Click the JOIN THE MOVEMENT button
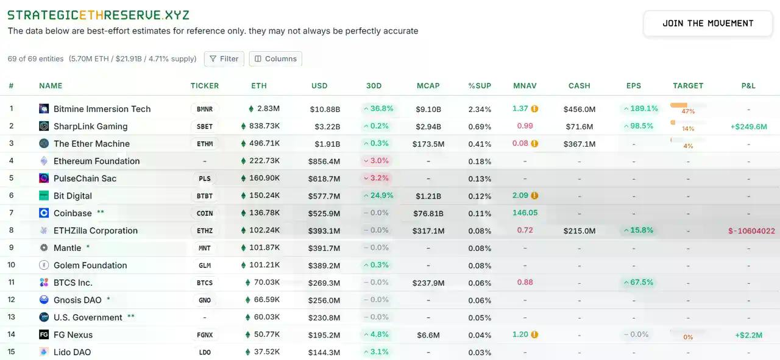[x=708, y=23]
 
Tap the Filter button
[x=224, y=58]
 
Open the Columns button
[x=275, y=58]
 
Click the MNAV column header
[x=525, y=86]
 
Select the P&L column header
[x=748, y=86]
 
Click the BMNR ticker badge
[x=205, y=109]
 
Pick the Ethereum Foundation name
[x=96, y=161]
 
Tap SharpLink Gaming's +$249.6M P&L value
[x=748, y=127]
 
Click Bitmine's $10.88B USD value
[x=325, y=109]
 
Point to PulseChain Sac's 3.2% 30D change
[x=375, y=178]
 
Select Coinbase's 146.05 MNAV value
[x=525, y=213]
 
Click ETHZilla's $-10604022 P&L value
[x=751, y=231]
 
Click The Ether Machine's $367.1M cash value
[x=579, y=144]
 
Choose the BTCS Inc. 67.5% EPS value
[x=637, y=283]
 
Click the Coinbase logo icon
[x=44, y=213]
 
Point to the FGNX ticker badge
[x=205, y=335]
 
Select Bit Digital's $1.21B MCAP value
[x=428, y=196]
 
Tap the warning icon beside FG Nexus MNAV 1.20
[x=534, y=334]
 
